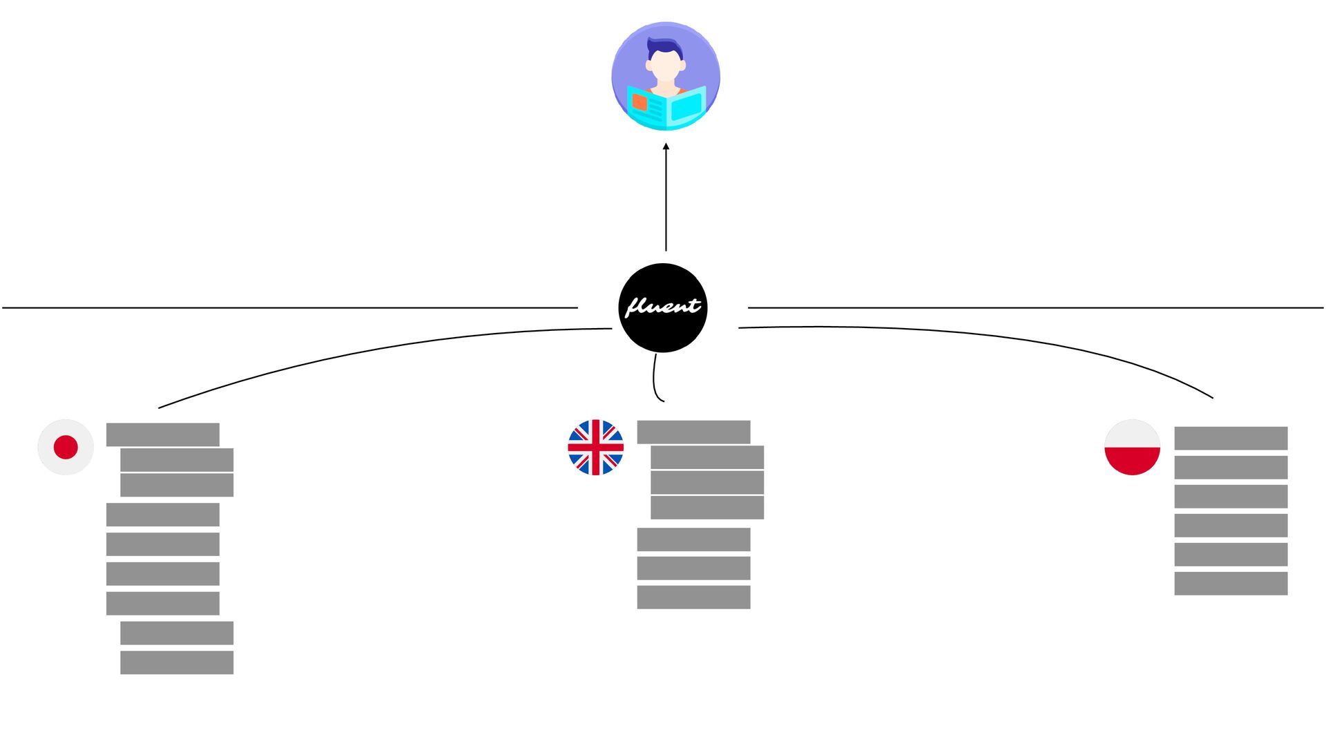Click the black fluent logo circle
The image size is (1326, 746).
tap(663, 307)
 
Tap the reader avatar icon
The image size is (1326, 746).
tap(666, 76)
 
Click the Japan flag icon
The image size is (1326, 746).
tap(66, 447)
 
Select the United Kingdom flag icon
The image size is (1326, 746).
tap(595, 447)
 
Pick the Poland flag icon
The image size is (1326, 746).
tap(1132, 447)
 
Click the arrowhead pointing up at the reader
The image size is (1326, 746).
tap(666, 146)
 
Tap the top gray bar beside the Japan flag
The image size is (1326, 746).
tap(162, 434)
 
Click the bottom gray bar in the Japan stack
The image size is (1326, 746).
tap(177, 662)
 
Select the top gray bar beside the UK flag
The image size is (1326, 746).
tap(693, 432)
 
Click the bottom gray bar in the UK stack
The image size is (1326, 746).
tap(693, 597)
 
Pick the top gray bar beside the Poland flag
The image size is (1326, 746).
tap(1231, 438)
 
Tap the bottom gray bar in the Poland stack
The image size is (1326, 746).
tap(1231, 583)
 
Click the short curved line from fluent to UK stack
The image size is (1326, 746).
tap(655, 380)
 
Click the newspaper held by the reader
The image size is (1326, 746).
tap(666, 108)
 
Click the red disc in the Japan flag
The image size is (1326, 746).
tap(66, 447)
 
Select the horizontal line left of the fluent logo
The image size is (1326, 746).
tap(290, 307)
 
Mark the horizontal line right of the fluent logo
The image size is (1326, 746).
tap(1036, 307)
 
